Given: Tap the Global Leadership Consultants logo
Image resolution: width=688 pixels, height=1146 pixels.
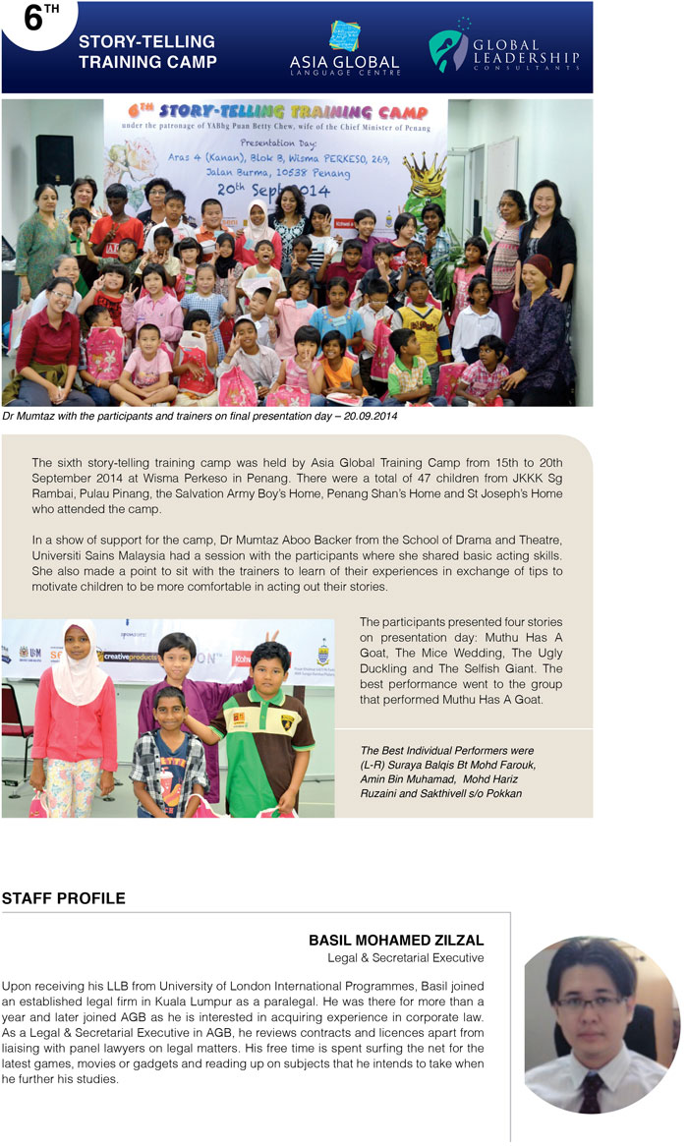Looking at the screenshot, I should coord(503,50).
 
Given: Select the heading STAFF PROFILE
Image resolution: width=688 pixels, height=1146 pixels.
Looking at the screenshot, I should coord(63,898).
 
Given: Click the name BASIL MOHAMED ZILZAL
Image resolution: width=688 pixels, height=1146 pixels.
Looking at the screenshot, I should coord(396,941).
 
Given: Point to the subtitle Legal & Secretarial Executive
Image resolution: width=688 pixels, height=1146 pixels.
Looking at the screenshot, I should coord(405,957).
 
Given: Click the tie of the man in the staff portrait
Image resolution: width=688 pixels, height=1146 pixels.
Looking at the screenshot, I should coord(591,1092).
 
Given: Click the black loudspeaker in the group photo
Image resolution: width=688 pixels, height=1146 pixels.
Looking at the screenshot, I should coord(54,159).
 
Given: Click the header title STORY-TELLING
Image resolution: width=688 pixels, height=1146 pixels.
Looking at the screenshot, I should coord(146,42).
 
